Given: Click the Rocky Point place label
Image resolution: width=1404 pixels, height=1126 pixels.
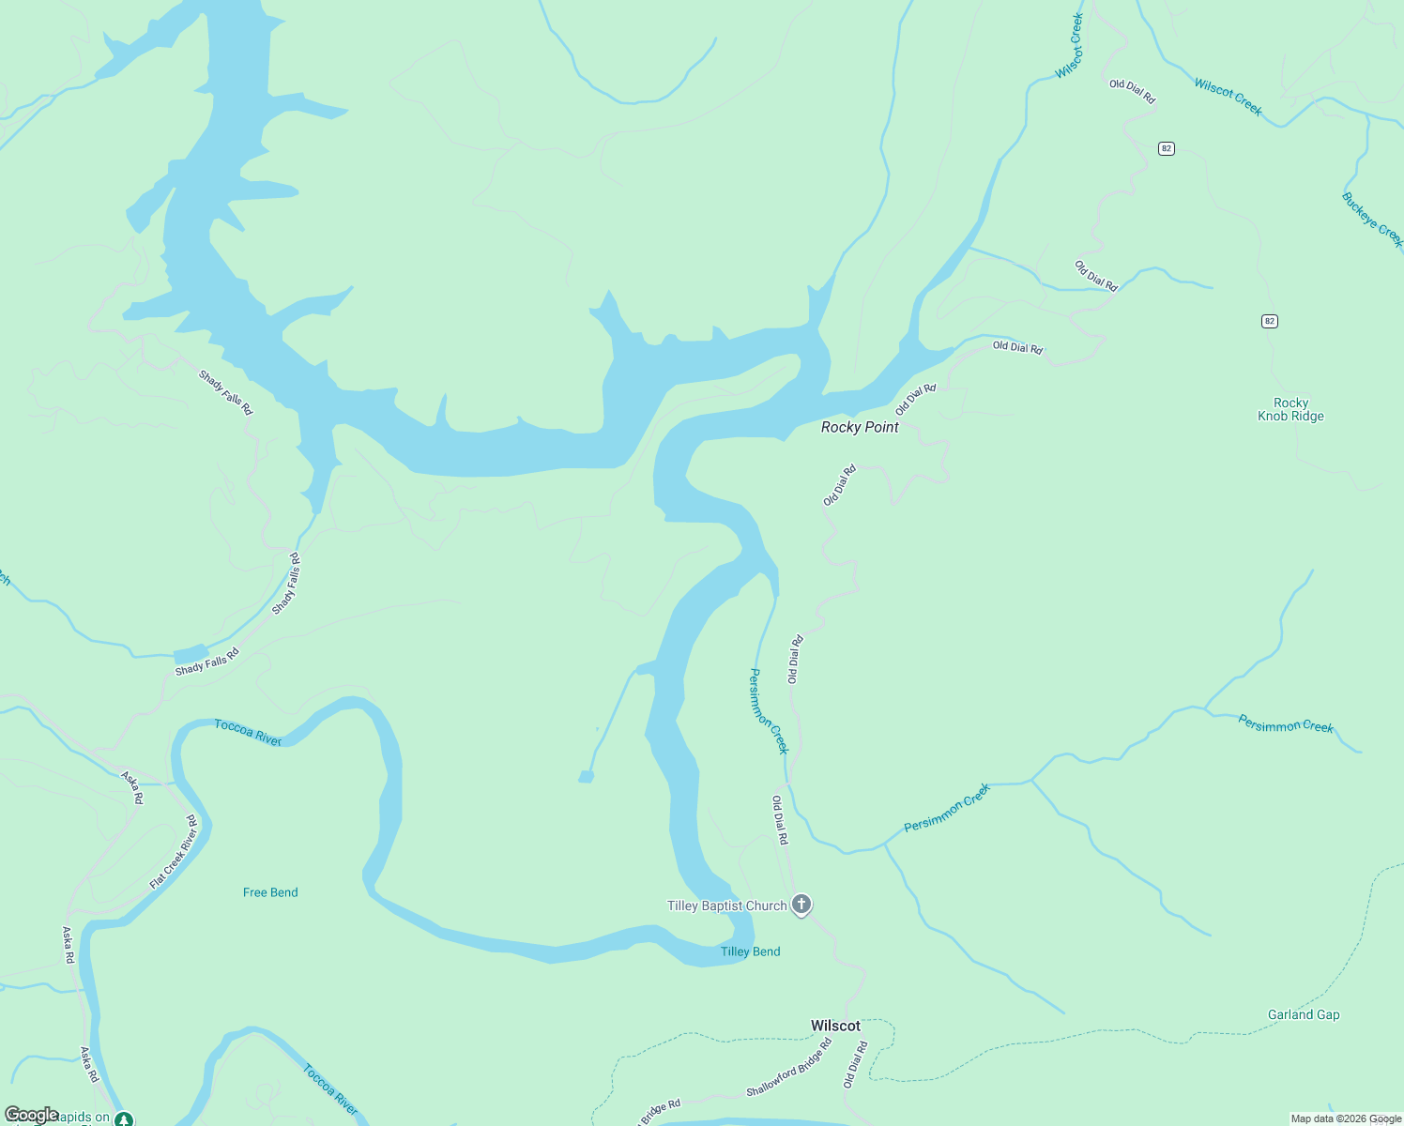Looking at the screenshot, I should [860, 427].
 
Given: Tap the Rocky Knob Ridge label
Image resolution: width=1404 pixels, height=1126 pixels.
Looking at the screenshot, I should [1290, 409].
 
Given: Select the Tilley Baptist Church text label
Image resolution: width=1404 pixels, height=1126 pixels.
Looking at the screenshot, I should [726, 905].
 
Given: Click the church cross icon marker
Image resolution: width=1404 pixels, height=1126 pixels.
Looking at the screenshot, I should [801, 905].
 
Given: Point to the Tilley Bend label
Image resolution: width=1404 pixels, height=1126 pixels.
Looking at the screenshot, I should [750, 951].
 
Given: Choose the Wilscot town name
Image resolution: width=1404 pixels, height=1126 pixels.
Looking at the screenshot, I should [835, 1026].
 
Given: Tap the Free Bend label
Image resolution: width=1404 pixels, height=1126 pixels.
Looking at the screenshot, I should [270, 892].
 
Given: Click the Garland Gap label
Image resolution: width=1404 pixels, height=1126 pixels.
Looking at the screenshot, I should [1303, 1014].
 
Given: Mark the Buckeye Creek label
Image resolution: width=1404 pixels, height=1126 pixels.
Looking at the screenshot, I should [1372, 220].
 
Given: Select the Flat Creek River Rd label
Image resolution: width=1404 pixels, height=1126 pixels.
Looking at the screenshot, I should [174, 852].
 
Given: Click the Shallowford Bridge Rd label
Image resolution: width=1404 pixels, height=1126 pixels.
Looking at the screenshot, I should [789, 1067].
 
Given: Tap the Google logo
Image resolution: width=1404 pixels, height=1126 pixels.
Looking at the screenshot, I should [31, 1115].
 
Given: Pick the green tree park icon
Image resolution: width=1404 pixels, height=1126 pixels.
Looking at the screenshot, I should [124, 1118].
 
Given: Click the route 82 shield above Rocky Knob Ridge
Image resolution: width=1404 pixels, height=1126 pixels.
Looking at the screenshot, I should [1269, 321].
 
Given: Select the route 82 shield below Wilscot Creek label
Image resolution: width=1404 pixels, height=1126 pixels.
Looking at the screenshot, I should [1166, 148].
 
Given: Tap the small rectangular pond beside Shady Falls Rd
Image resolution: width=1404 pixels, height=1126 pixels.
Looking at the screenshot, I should [191, 654].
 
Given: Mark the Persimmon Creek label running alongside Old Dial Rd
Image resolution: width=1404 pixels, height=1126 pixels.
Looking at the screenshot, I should [769, 711].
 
